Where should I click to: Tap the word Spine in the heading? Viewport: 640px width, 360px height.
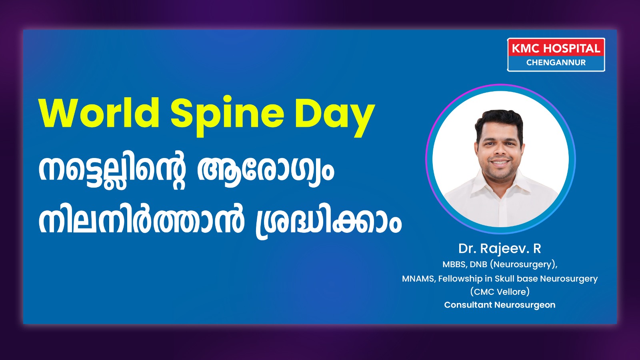point(228,116)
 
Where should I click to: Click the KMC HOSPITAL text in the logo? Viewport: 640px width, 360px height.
point(556,48)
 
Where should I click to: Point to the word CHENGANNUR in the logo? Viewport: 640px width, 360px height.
point(556,62)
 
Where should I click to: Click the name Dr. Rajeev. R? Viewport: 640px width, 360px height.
point(500,248)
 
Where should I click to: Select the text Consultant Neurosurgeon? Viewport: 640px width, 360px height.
point(500,305)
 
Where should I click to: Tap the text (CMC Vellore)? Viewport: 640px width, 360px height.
point(500,292)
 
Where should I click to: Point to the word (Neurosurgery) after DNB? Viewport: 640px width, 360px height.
point(524,264)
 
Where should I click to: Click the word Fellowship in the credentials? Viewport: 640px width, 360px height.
point(461,278)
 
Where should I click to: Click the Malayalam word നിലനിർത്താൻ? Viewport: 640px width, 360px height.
point(142,220)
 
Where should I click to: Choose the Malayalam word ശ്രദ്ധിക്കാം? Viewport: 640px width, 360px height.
point(328,222)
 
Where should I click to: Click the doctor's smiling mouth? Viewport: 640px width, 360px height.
point(500,162)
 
